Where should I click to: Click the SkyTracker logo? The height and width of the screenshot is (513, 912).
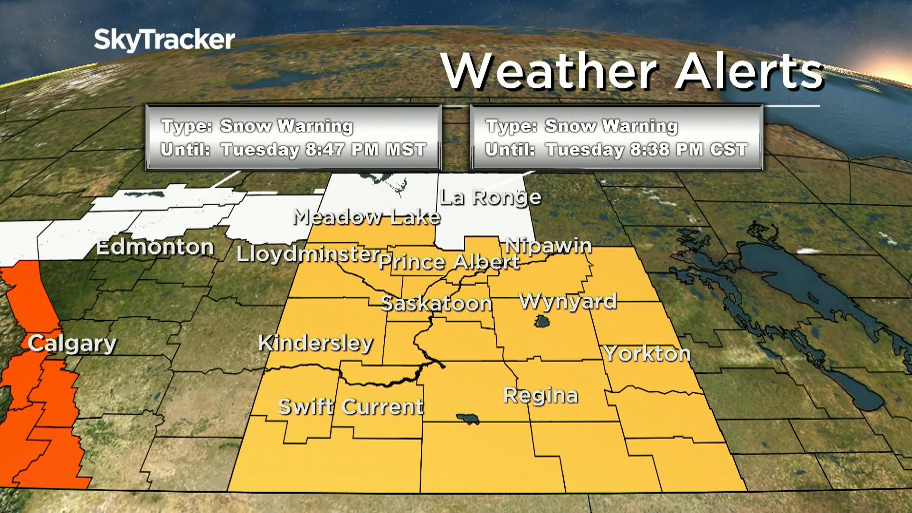pyautogui.click(x=164, y=39)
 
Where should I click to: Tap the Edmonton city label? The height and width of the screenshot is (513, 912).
pyautogui.click(x=155, y=247)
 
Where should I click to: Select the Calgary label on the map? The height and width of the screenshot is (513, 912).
pyautogui.click(x=72, y=343)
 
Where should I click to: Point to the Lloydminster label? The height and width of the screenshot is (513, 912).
pyautogui.click(x=308, y=254)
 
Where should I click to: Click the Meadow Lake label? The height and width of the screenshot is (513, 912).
pyautogui.click(x=367, y=217)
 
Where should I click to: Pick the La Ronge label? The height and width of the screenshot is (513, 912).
pyautogui.click(x=490, y=197)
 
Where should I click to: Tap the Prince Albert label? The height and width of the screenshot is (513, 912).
pyautogui.click(x=449, y=262)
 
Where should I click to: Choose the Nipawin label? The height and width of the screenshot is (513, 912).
pyautogui.click(x=548, y=246)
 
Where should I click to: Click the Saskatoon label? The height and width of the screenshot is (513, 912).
pyautogui.click(x=436, y=303)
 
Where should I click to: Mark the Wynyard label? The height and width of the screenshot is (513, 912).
pyautogui.click(x=568, y=301)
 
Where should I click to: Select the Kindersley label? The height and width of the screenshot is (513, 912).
pyautogui.click(x=316, y=343)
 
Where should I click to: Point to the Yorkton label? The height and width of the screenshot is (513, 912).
pyautogui.click(x=647, y=353)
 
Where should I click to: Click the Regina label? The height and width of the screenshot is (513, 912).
pyautogui.click(x=541, y=395)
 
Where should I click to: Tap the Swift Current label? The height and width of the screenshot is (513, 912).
pyautogui.click(x=351, y=407)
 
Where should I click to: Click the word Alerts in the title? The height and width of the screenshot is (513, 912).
pyautogui.click(x=749, y=71)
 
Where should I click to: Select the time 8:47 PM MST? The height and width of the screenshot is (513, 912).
pyautogui.click(x=365, y=150)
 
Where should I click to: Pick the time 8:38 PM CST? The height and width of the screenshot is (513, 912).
pyautogui.click(x=689, y=150)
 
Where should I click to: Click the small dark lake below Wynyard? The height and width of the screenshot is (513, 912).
pyautogui.click(x=541, y=322)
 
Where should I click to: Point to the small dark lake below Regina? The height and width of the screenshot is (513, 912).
pyautogui.click(x=468, y=418)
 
